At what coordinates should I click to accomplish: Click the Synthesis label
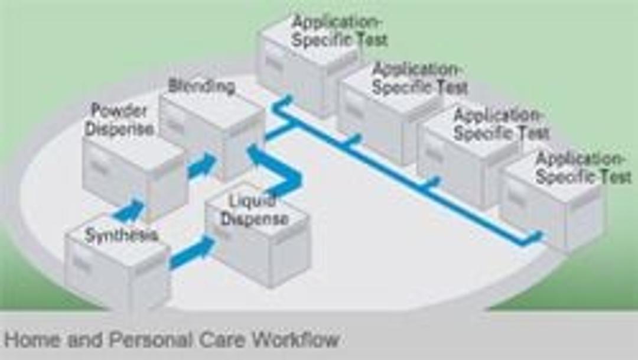[x=121, y=235]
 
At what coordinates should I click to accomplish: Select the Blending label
[x=201, y=86]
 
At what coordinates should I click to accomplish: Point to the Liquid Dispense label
[x=255, y=210]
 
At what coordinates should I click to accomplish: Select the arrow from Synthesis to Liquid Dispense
[x=193, y=252]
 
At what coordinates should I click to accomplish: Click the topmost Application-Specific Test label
[x=340, y=31]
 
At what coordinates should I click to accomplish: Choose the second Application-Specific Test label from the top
[x=420, y=79]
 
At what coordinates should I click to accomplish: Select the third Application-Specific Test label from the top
[x=501, y=124]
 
